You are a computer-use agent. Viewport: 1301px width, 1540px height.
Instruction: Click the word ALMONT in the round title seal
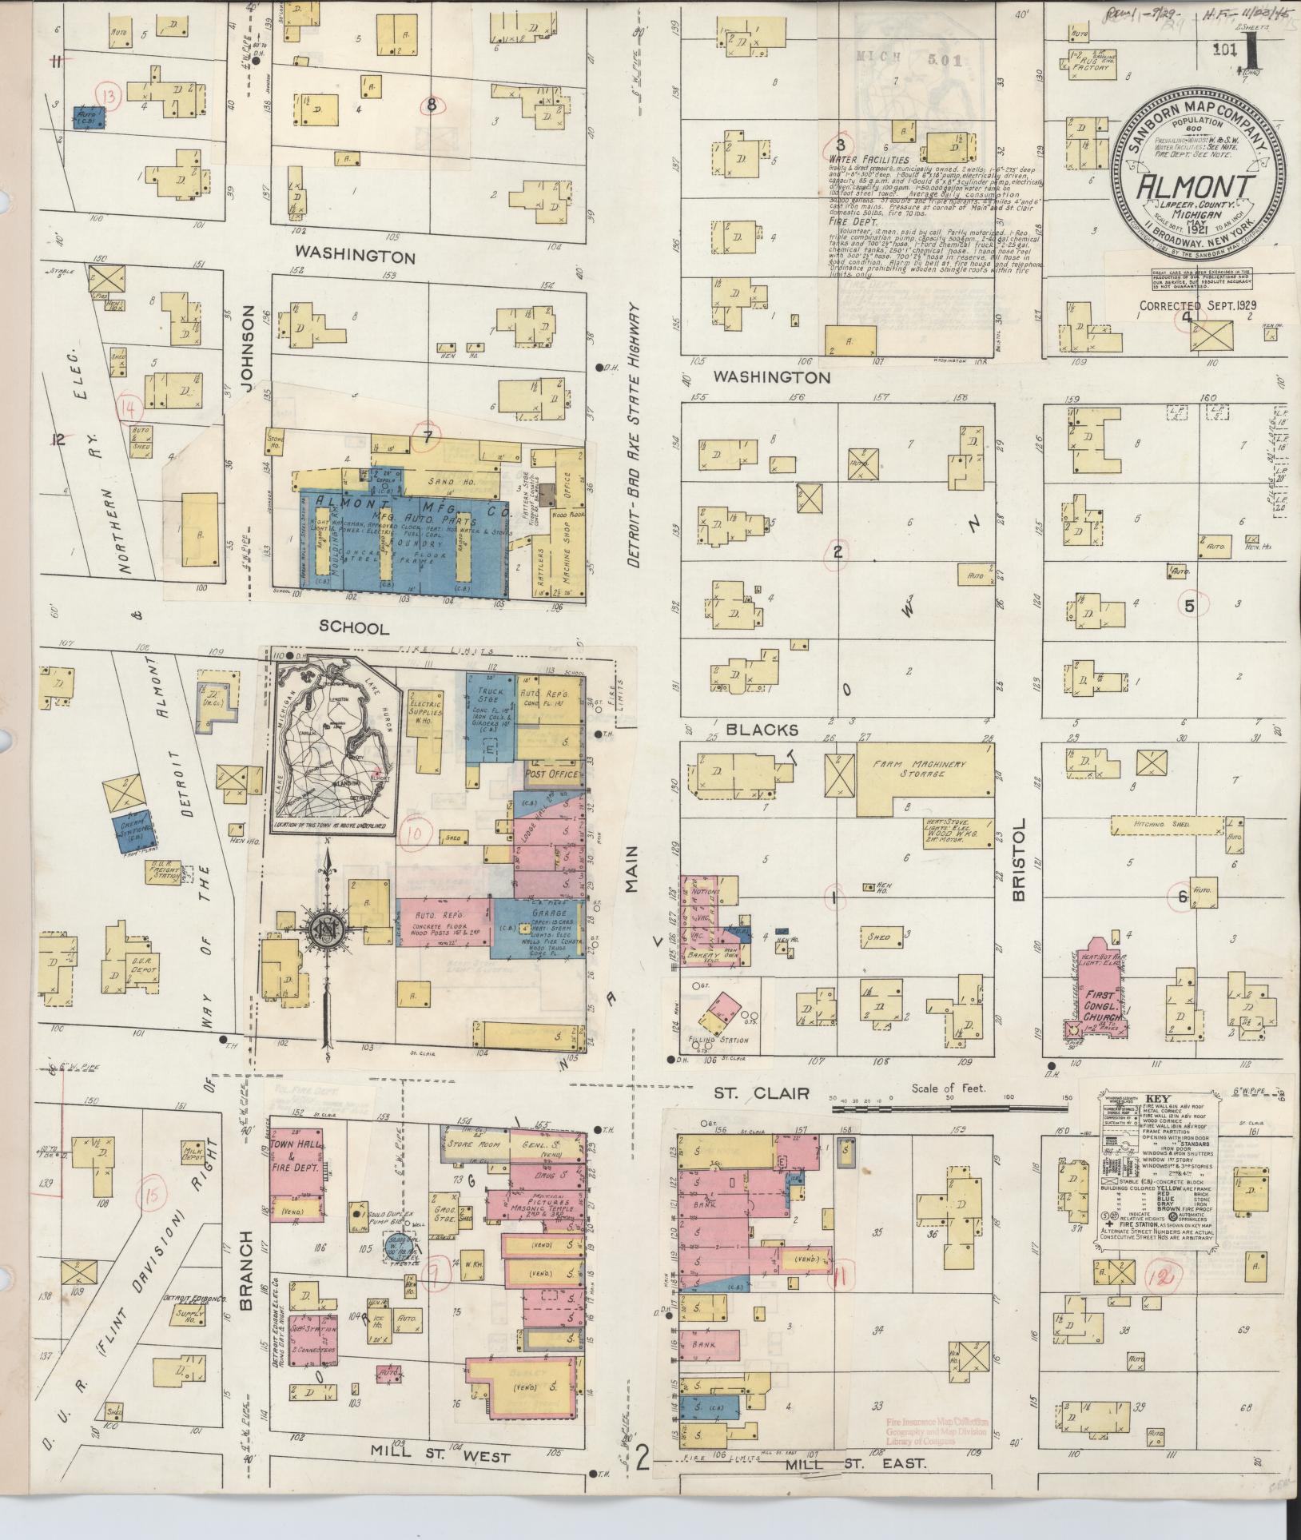(1195, 186)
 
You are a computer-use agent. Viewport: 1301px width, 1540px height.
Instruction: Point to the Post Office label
(551, 774)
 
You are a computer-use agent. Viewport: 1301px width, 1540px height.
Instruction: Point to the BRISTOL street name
(1018, 860)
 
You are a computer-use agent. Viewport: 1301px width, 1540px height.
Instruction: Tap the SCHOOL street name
(353, 628)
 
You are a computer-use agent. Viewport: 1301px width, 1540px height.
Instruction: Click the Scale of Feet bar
(950, 1108)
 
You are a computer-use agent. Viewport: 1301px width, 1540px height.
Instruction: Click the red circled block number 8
(432, 105)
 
